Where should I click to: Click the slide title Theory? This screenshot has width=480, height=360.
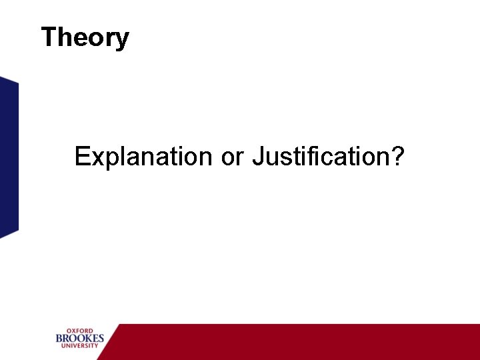click(85, 37)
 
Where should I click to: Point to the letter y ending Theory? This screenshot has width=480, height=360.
click(122, 40)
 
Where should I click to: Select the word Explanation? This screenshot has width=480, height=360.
click(143, 157)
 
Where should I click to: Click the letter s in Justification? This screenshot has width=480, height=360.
click(284, 159)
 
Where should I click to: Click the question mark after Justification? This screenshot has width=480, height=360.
click(398, 157)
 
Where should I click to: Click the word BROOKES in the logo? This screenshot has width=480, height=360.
click(80, 339)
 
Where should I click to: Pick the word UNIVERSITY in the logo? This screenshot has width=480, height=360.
click(80, 347)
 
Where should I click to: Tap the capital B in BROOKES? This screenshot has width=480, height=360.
click(59, 339)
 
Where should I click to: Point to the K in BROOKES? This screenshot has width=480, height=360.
click(86, 339)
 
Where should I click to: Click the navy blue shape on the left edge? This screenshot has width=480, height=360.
click(9, 157)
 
